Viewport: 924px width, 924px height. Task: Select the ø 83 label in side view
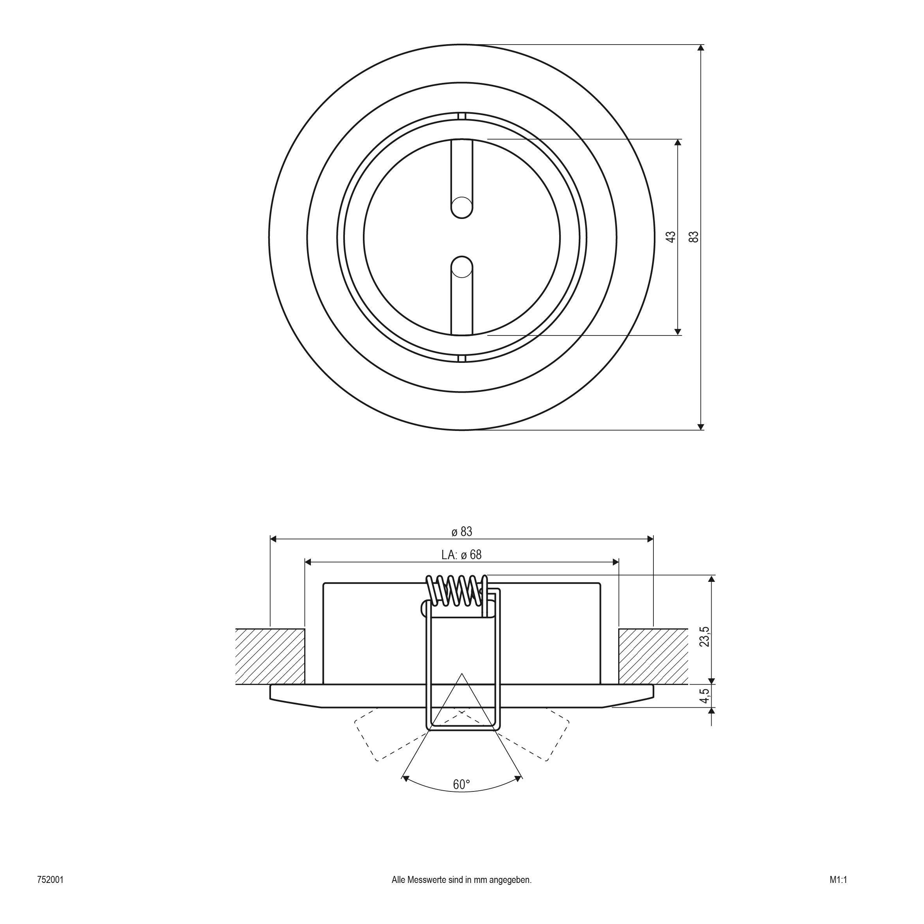click(461, 531)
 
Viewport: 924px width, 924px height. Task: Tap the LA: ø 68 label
click(461, 555)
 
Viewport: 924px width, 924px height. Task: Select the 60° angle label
click(461, 785)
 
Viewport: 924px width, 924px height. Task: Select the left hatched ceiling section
click(270, 656)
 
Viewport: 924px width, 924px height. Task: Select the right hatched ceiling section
click(653, 656)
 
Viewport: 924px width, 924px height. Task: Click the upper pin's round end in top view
click(462, 207)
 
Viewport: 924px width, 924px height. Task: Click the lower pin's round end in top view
click(462, 267)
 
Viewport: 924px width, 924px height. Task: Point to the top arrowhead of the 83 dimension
click(701, 48)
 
